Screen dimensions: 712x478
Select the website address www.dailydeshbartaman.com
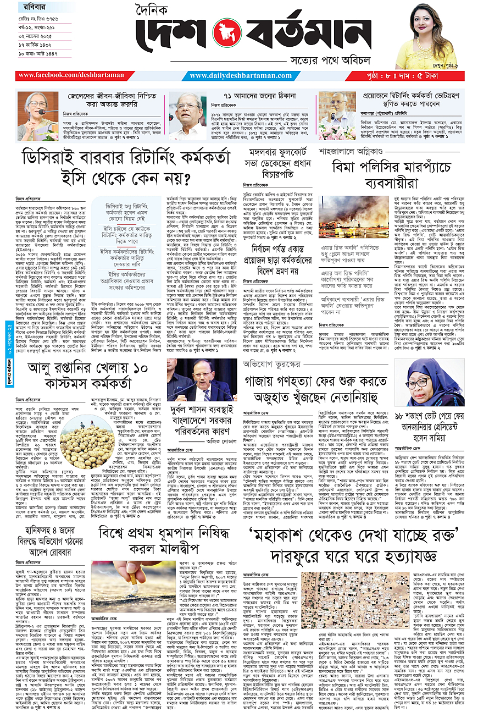click(x=238, y=75)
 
